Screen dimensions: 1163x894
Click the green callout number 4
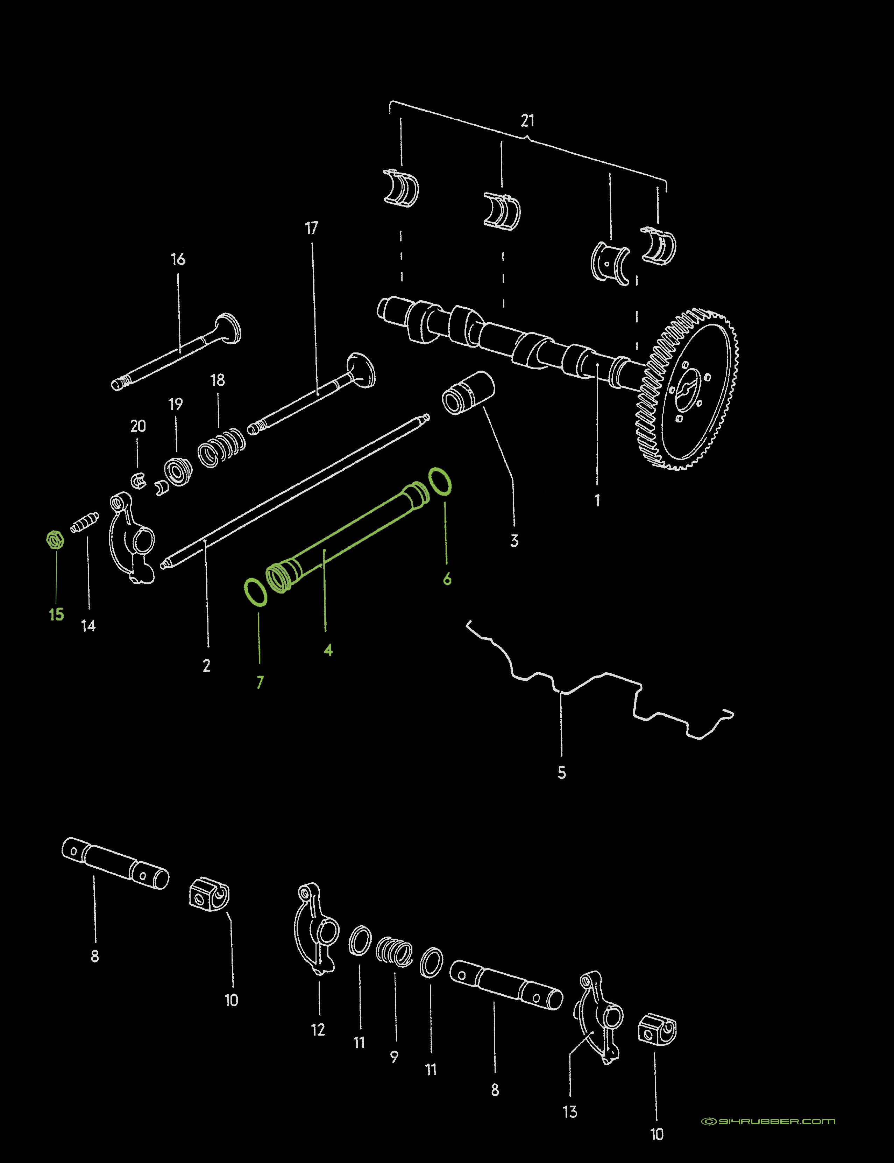(328, 650)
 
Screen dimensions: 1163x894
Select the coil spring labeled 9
(394, 951)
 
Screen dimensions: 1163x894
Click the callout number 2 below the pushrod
(206, 665)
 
